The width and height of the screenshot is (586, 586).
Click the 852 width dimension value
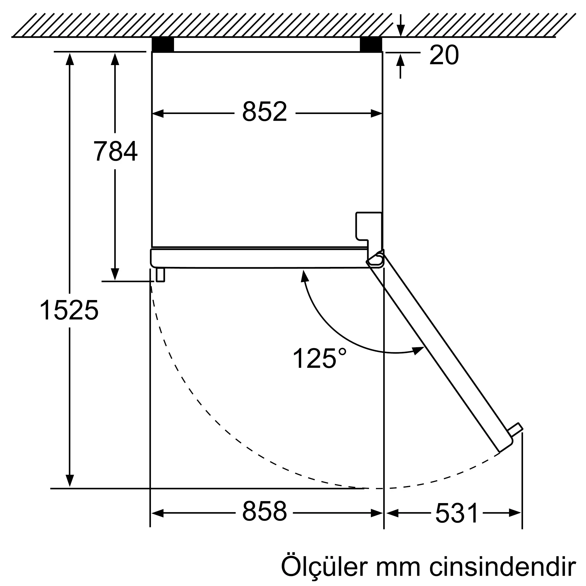pos(264,112)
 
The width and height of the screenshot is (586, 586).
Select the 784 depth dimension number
pos(115,151)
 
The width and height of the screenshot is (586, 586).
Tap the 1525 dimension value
pos(69,310)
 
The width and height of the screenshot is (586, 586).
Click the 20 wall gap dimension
pos(444,55)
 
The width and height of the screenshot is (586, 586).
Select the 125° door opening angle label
pos(319,359)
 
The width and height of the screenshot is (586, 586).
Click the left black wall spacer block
pos(163,45)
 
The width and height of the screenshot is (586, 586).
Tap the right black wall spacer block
pos(371,45)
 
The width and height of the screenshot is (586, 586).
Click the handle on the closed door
pos(160,275)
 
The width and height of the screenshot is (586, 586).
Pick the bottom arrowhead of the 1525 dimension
pos(70,481)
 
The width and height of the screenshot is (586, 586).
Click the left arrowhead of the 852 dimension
pos(158,113)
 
